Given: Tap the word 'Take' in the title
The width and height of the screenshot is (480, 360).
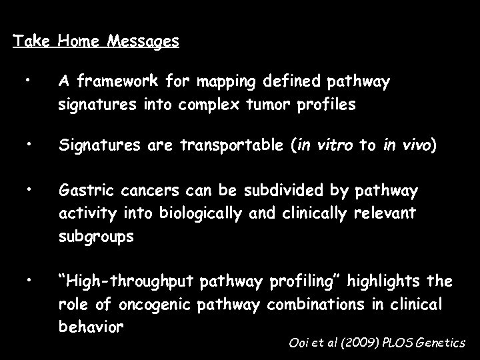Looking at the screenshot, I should pos(32,41).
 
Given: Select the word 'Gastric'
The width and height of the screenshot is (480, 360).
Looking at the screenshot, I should pos(83,191).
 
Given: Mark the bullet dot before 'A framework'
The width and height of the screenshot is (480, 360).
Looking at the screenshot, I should pos(27,81).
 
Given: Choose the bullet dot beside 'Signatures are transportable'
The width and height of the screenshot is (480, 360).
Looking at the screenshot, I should pos(27,145).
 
